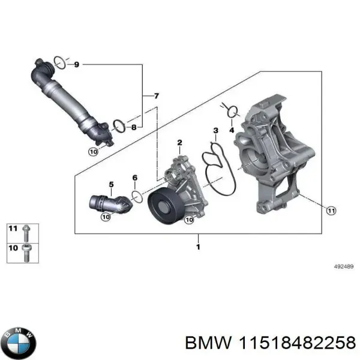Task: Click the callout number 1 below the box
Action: click(x=198, y=247)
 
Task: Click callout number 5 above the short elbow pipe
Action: click(x=110, y=184)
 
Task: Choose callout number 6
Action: click(x=134, y=178)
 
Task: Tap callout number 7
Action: click(x=156, y=96)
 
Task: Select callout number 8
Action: click(x=133, y=127)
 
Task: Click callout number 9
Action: click(x=76, y=64)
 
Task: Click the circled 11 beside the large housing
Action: click(x=331, y=209)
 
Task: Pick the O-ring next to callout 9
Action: click(x=59, y=61)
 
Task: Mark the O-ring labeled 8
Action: click(x=119, y=125)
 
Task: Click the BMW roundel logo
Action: click(x=19, y=343)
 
